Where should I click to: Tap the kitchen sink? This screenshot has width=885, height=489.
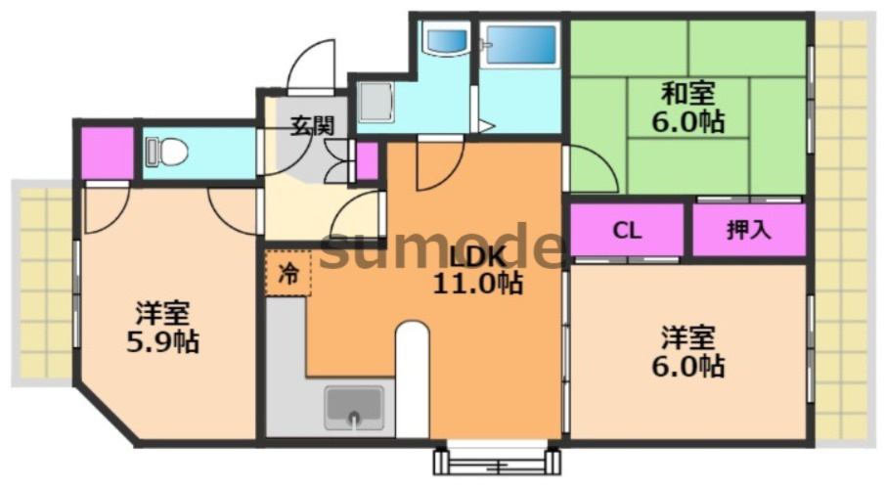(x=354, y=408)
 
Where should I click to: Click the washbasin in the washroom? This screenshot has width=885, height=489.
(x=448, y=39)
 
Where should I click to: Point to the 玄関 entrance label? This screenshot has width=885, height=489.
(x=312, y=125)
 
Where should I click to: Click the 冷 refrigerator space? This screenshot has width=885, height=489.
(x=288, y=273)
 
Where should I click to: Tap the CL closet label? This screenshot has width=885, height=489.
(x=627, y=230)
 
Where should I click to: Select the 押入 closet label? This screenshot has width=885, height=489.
(x=748, y=230)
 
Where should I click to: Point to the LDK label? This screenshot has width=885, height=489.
(x=477, y=257)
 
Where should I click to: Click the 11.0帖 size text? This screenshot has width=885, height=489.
(x=477, y=284)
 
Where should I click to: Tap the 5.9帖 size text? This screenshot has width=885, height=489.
(x=162, y=341)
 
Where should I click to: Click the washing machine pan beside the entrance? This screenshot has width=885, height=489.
(x=376, y=103)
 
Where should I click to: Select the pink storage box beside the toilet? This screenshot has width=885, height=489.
(x=108, y=153)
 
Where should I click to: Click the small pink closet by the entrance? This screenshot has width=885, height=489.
(x=368, y=160)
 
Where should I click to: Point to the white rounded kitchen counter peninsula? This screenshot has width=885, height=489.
(x=412, y=379)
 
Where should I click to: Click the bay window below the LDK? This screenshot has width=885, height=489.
(x=497, y=461)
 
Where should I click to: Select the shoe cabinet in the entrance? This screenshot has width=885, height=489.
(x=337, y=161)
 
